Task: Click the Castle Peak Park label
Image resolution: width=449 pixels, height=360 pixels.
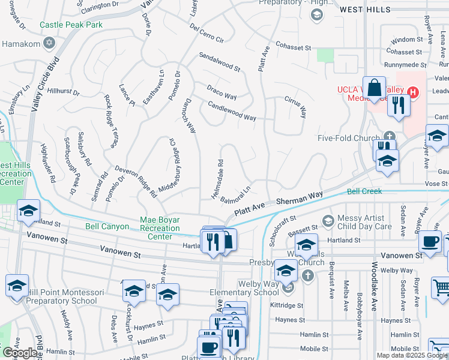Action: point(71,25)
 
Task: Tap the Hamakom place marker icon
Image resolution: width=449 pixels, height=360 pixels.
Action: point(49,44)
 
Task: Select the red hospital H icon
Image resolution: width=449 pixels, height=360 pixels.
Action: point(412,92)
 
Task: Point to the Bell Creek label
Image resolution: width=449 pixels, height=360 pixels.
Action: point(364,191)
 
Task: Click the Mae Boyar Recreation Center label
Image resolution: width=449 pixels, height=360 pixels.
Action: point(160,228)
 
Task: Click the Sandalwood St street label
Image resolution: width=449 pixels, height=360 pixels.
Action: point(220,62)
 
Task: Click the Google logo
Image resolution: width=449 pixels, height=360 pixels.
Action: point(20,353)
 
